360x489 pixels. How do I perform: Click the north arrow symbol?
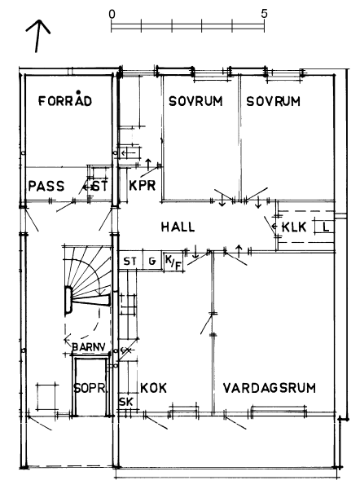point(38,36)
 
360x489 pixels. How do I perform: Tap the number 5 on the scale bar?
point(264,14)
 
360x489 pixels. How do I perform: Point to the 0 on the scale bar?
point(112,14)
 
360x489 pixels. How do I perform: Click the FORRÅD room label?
point(65,99)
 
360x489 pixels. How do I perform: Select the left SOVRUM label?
point(195,101)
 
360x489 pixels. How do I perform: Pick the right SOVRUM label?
point(273,101)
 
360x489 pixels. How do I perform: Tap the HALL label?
point(178,227)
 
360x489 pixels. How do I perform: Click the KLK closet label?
point(294,227)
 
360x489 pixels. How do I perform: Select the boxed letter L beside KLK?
point(326,227)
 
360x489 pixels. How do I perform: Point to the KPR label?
point(143,186)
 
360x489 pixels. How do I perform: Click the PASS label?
point(46,186)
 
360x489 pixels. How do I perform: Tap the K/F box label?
point(173,262)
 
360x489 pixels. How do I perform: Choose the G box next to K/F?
point(152,261)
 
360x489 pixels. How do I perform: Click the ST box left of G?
point(130,261)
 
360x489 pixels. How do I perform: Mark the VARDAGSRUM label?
point(270,388)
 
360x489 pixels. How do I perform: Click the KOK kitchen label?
point(153,388)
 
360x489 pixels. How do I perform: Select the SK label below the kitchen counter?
point(126,402)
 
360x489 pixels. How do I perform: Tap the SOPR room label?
point(90,388)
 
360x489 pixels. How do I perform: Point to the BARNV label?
point(89,347)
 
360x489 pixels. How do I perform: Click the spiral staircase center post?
point(68,300)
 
